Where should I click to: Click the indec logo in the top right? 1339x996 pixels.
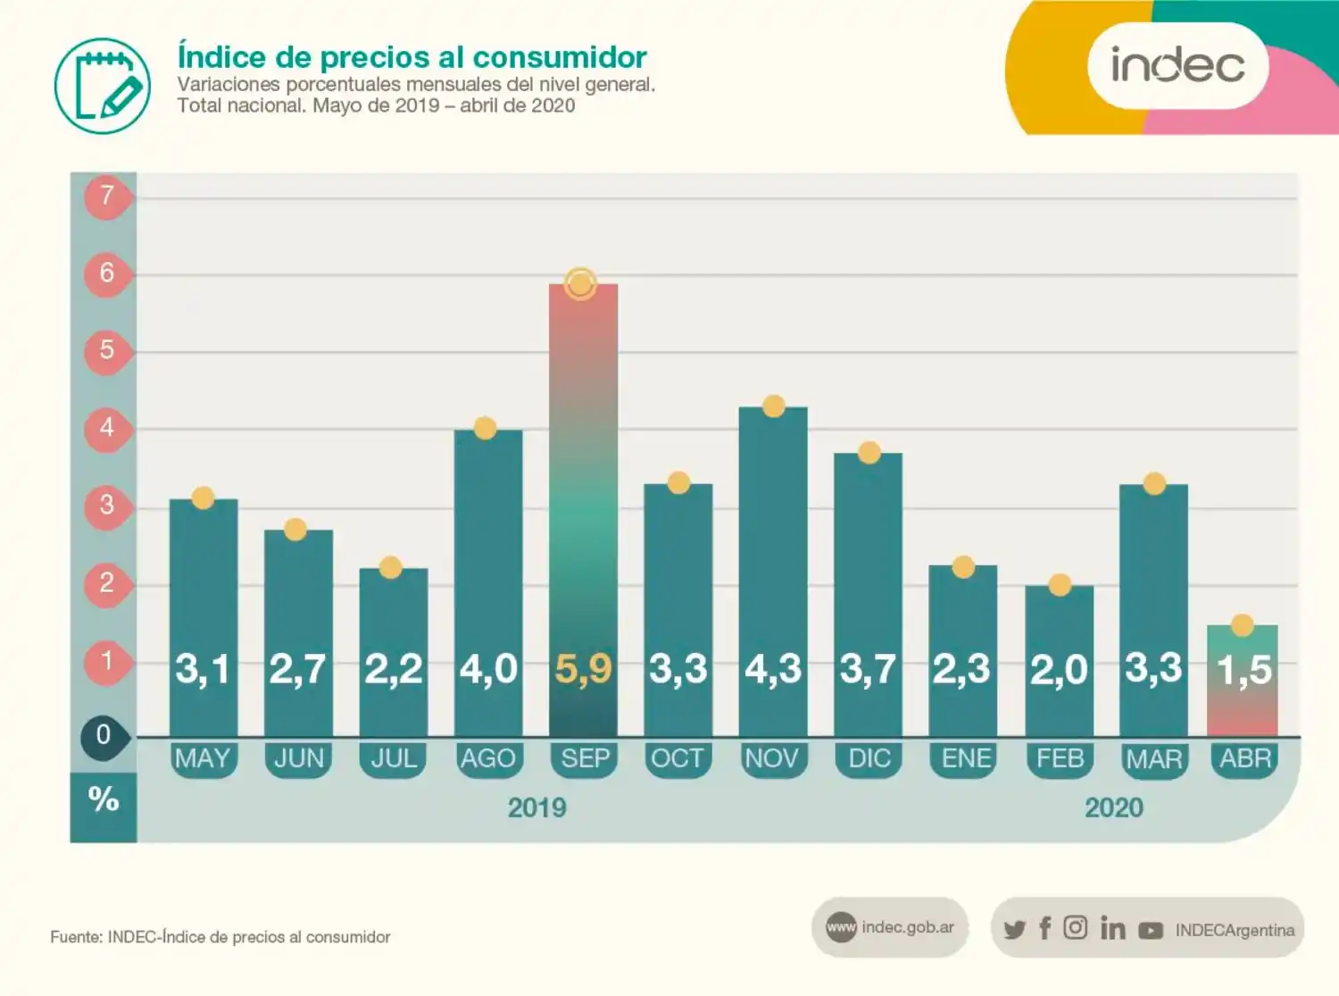click(1177, 65)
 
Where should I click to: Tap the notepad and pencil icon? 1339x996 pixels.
click(103, 86)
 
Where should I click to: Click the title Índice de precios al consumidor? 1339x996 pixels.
click(412, 57)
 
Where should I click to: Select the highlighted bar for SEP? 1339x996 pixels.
click(583, 509)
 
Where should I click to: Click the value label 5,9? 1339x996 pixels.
click(583, 668)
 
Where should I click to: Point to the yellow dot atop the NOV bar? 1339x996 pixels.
click(774, 406)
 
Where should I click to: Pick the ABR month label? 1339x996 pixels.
click(1244, 759)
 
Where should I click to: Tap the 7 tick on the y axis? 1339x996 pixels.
click(107, 195)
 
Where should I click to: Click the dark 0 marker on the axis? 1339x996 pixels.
click(104, 735)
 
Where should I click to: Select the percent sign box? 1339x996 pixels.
click(104, 799)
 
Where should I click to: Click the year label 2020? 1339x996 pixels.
click(1113, 808)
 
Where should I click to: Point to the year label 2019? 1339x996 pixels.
click(536, 808)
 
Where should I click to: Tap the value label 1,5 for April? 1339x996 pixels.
click(1243, 669)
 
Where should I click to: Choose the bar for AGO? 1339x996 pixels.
click(488, 581)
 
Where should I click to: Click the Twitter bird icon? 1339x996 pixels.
click(1014, 929)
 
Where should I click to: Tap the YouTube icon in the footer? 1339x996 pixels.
click(1151, 930)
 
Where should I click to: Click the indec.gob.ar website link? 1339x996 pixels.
click(907, 927)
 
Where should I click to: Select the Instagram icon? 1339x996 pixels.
click(1075, 928)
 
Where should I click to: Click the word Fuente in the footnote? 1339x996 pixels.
click(75, 937)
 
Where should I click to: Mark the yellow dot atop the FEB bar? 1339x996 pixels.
click(1060, 585)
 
